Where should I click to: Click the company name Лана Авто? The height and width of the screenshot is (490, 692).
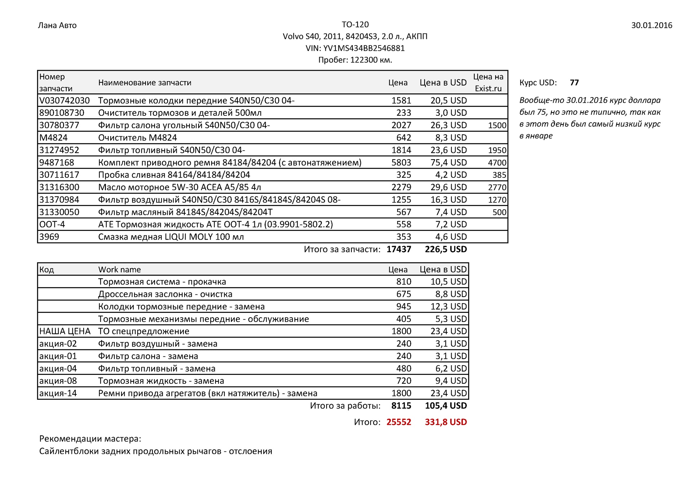[x=57, y=25]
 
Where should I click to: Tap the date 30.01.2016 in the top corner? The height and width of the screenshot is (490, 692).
[x=652, y=25]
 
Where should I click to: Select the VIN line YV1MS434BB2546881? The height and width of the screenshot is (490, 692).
[x=355, y=48]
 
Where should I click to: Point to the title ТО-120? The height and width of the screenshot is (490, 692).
[x=355, y=25]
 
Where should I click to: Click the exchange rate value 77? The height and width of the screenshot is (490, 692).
[x=574, y=83]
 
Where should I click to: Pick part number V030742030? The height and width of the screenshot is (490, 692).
[x=65, y=101]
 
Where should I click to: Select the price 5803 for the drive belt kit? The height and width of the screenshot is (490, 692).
[x=401, y=163]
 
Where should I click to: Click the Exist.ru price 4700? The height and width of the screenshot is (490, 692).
[x=497, y=163]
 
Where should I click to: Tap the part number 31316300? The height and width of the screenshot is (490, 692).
[x=59, y=187]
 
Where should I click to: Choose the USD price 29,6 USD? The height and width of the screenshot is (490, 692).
[x=448, y=187]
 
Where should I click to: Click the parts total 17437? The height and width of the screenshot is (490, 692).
[x=399, y=249]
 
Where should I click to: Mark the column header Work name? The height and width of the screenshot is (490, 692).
[x=119, y=270]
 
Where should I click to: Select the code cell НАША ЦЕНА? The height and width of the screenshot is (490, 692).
[x=65, y=331]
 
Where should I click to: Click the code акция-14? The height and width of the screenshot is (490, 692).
[x=58, y=393]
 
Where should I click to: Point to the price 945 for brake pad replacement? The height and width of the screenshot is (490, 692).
[x=404, y=307]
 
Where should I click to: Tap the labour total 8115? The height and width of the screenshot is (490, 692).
[x=401, y=406]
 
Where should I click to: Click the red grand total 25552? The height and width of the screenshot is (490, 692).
[x=399, y=422]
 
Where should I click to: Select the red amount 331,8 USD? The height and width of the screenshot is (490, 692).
[x=445, y=422]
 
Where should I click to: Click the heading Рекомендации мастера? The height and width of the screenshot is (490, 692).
[x=90, y=439]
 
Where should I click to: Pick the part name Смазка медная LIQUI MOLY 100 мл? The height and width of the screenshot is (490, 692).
[x=171, y=237]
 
